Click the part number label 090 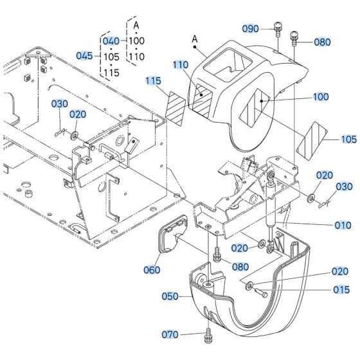(250, 29)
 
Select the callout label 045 (85, 55)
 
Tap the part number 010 (343, 225)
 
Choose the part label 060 (152, 270)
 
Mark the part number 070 (169, 335)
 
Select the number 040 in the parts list (111, 41)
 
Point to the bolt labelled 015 (260, 293)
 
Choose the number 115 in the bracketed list (111, 73)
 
